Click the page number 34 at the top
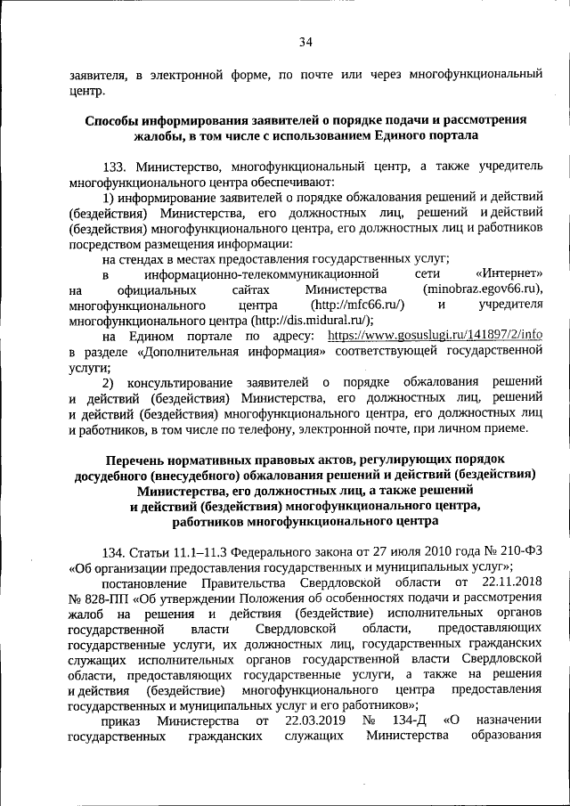[x=305, y=41]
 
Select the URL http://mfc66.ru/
[x=356, y=305]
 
